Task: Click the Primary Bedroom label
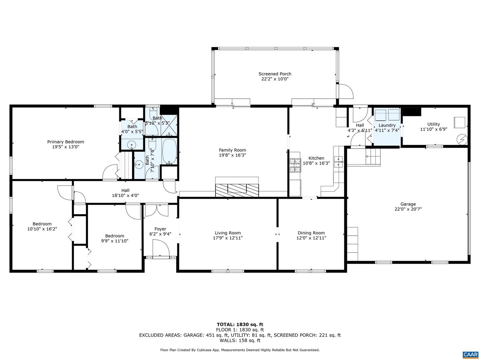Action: pos(65,142)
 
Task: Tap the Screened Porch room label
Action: pos(275,74)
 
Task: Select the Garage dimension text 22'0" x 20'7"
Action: pos(408,209)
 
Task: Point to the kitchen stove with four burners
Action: pos(295,165)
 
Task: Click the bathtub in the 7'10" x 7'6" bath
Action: pos(169,152)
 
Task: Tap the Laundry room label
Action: pos(387,125)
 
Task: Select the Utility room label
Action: pos(434,124)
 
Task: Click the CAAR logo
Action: pos(470,354)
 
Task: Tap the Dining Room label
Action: pos(311,233)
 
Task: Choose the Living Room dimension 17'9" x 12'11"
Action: pos(228,238)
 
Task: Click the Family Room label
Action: pos(232,150)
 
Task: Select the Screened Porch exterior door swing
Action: pos(345,91)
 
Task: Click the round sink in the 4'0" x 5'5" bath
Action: pos(132,145)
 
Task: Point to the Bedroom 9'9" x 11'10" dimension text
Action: pos(115,241)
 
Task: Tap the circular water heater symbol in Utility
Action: pos(462,139)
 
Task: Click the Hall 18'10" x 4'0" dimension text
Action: pos(125,196)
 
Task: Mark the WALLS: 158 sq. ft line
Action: pos(240,340)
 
